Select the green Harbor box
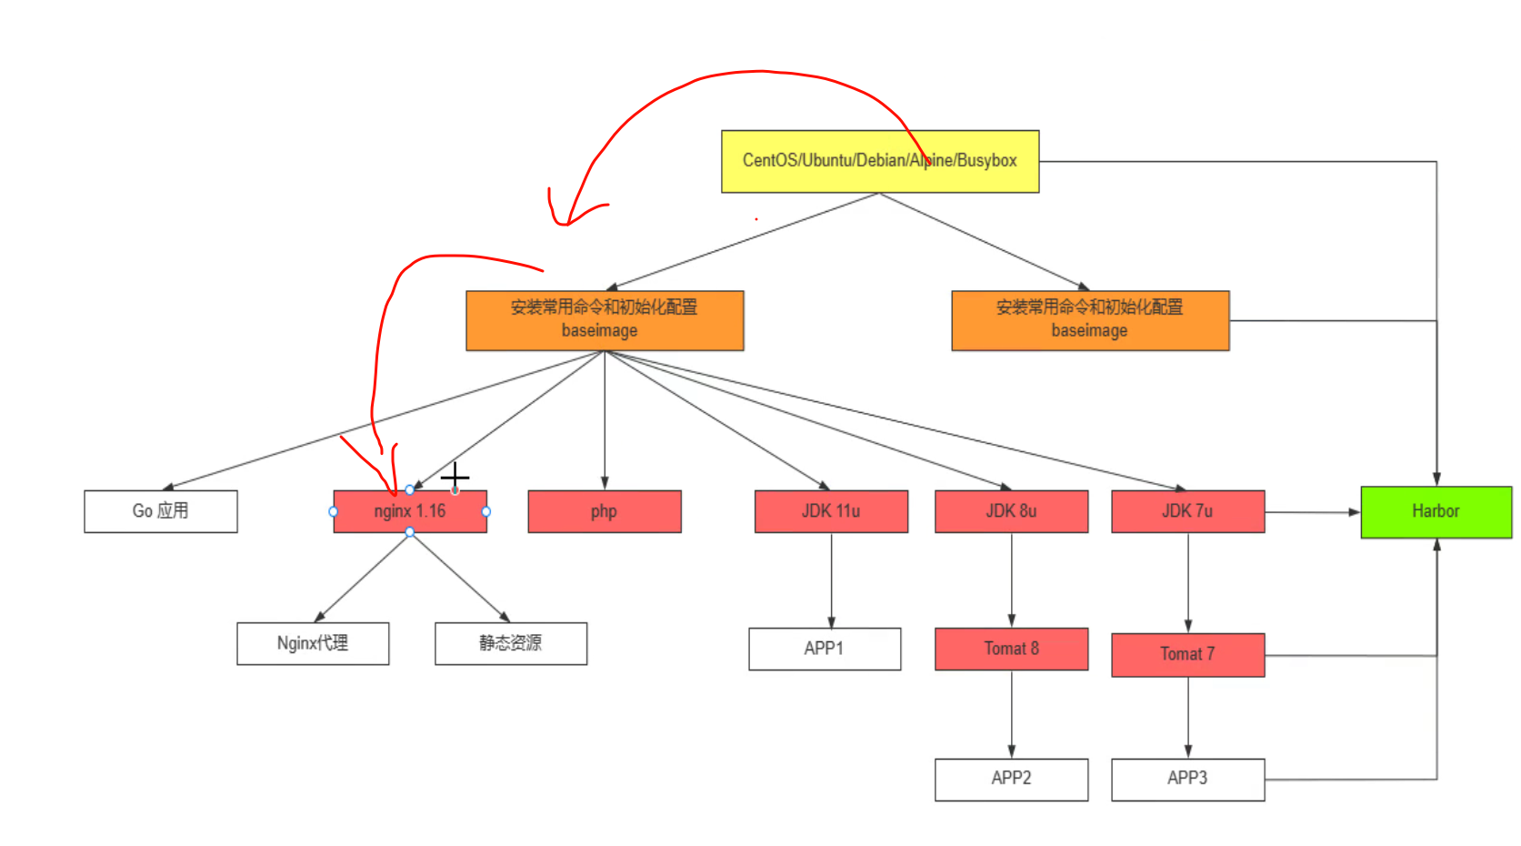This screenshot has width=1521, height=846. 1436,511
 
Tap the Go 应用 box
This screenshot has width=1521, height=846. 160,511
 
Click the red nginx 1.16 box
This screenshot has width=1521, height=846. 409,512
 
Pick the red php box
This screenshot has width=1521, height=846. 604,511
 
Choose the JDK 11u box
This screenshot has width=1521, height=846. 830,511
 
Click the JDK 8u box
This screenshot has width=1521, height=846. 1011,511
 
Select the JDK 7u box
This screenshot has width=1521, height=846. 1186,511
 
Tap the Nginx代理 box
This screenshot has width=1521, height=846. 313,643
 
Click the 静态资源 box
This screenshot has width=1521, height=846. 510,643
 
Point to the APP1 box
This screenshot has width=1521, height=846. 824,649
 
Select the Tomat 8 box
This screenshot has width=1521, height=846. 1011,649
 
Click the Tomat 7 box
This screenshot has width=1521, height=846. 1186,654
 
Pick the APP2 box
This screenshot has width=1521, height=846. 1011,779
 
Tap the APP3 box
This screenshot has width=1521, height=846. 1186,779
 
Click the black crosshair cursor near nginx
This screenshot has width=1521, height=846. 455,476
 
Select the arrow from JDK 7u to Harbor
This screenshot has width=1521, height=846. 1313,512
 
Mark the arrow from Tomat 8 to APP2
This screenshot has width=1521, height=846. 1012,714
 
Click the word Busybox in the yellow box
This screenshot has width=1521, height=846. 986,161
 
